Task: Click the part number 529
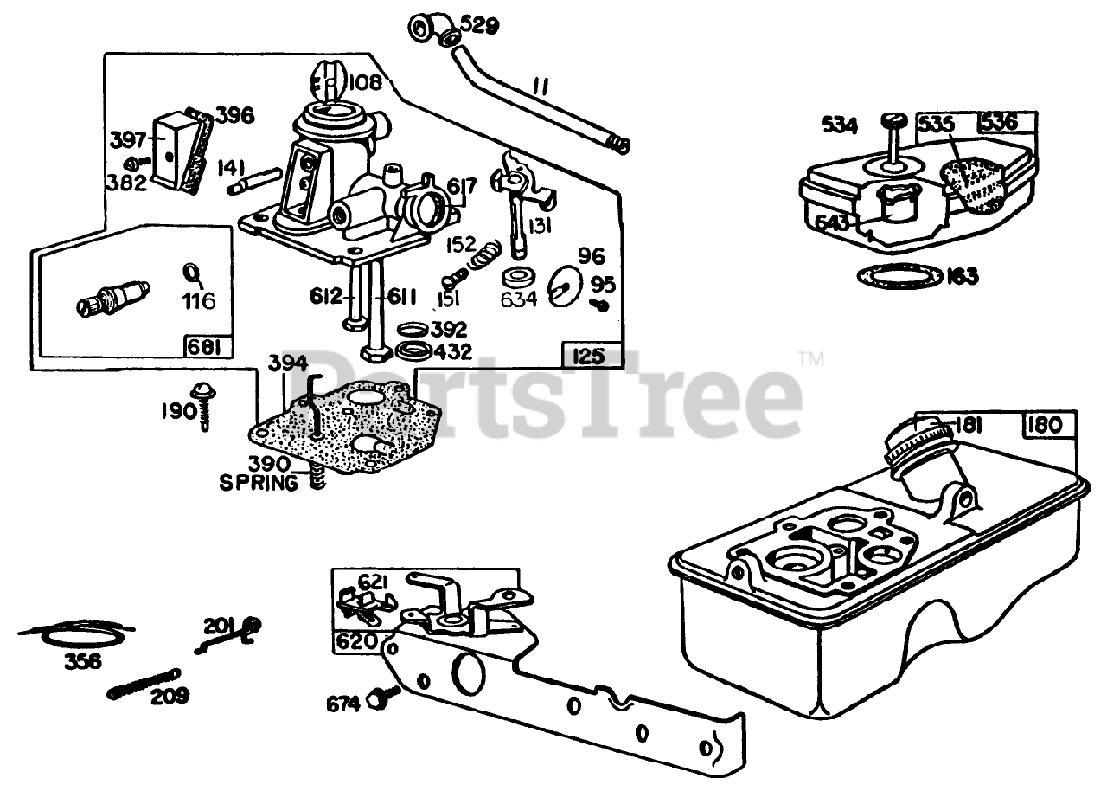(479, 25)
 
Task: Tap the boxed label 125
(592, 354)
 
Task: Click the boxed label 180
(1049, 426)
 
